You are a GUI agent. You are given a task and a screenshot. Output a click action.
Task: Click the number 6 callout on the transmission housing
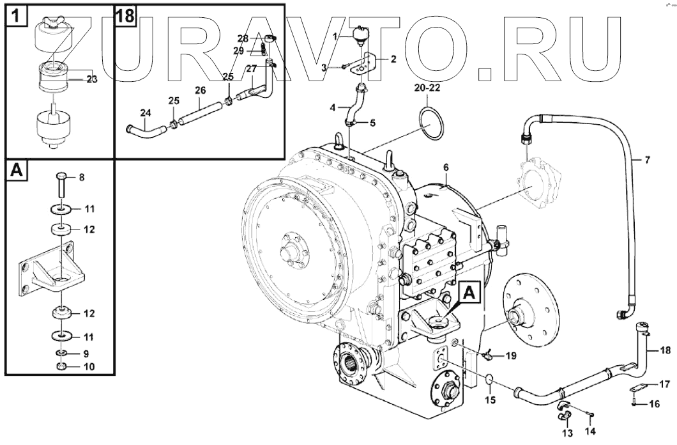tap(446, 168)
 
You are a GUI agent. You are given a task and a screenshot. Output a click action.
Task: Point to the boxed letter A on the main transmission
tap(469, 293)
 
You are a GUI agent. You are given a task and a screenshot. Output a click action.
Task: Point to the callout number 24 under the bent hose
tap(146, 114)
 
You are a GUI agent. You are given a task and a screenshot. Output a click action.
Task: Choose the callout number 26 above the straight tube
tap(201, 90)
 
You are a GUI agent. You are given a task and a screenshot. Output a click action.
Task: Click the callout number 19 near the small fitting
tap(511, 355)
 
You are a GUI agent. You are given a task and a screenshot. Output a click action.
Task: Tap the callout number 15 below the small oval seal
tap(489, 400)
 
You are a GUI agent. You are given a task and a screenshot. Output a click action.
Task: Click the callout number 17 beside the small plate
tap(664, 384)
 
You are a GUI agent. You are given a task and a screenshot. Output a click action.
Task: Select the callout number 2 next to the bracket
tap(393, 59)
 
